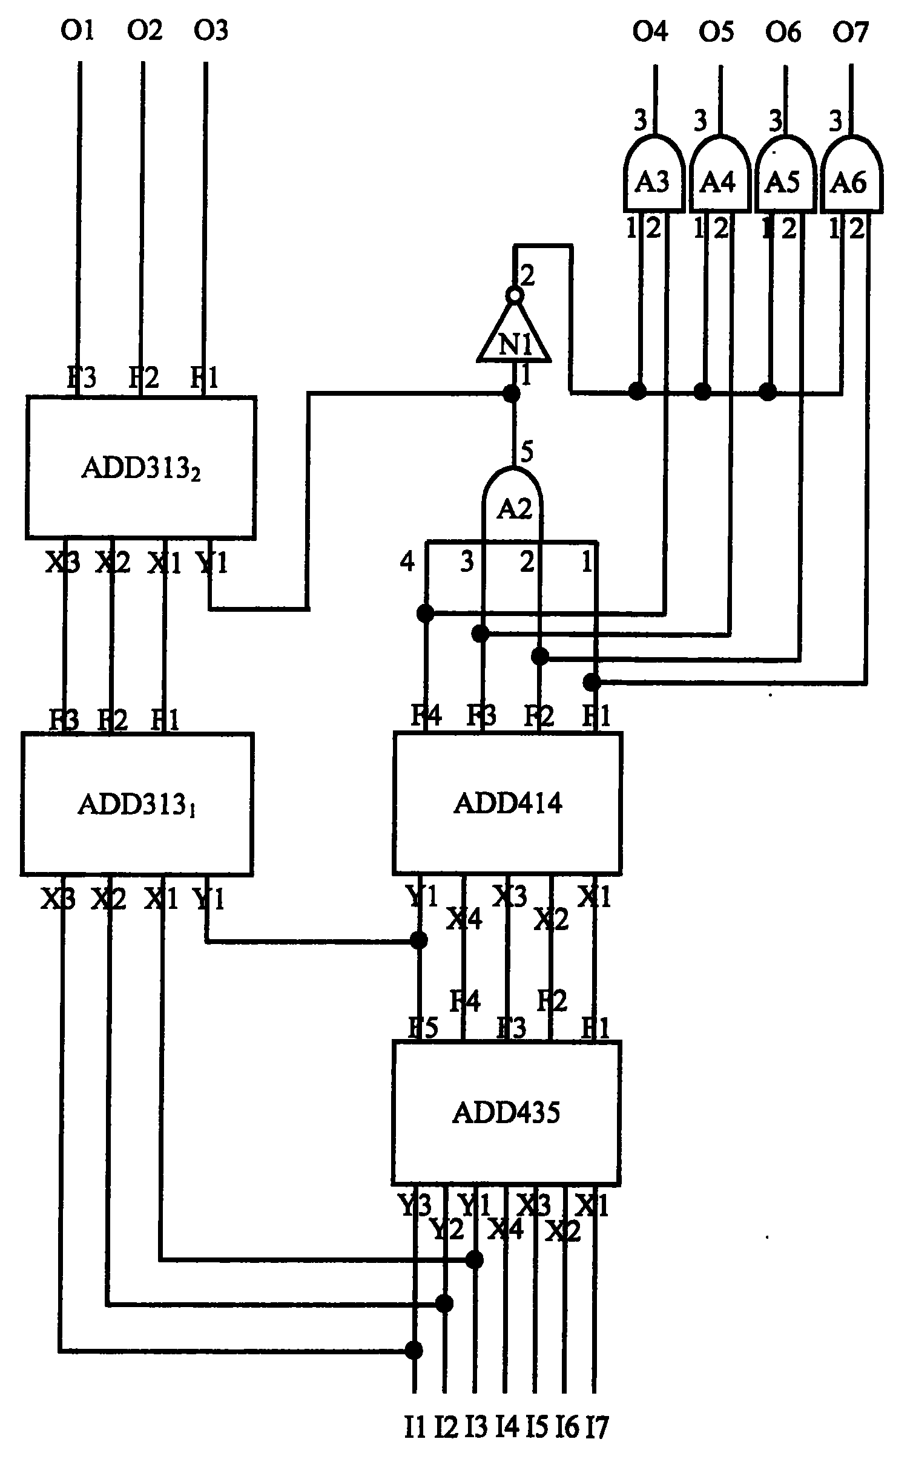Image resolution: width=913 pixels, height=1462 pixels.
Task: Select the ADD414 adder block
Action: tap(507, 803)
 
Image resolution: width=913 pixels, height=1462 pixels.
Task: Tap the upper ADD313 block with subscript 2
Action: tap(140, 467)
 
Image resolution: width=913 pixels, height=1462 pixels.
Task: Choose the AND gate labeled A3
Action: tap(654, 179)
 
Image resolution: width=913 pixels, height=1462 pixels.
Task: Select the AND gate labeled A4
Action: tap(720, 179)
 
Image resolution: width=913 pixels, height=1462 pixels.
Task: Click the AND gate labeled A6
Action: tap(851, 179)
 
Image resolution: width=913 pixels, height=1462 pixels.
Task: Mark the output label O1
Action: tap(77, 30)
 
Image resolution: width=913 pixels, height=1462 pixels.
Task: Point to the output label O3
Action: tap(210, 30)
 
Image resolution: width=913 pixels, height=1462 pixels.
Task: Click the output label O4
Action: tap(650, 31)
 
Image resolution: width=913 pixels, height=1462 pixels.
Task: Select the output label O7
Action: tap(851, 31)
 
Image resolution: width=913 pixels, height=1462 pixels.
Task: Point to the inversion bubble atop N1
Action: tap(514, 295)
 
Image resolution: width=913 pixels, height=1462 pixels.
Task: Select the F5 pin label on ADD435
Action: tap(423, 1028)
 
